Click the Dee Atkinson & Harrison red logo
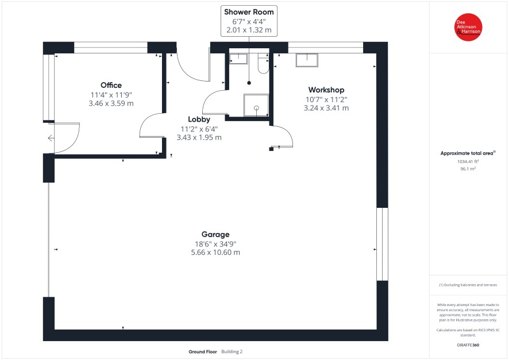(468, 27)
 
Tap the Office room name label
(111, 86)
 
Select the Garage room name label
(215, 234)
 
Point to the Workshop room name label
(326, 90)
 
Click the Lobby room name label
(199, 119)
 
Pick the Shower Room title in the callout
(249, 12)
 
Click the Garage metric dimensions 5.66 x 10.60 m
(215, 252)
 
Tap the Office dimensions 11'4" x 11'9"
(111, 95)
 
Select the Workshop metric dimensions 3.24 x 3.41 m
(326, 108)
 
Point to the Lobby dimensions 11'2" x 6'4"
(199, 129)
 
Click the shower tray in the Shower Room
(256, 105)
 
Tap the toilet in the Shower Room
(263, 64)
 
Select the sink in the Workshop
(307, 60)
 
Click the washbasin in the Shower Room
(238, 59)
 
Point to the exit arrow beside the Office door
(51, 138)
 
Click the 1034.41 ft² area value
(468, 161)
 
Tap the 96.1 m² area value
(468, 169)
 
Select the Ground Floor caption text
(203, 351)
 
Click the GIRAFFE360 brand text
(468, 345)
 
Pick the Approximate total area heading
(468, 153)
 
